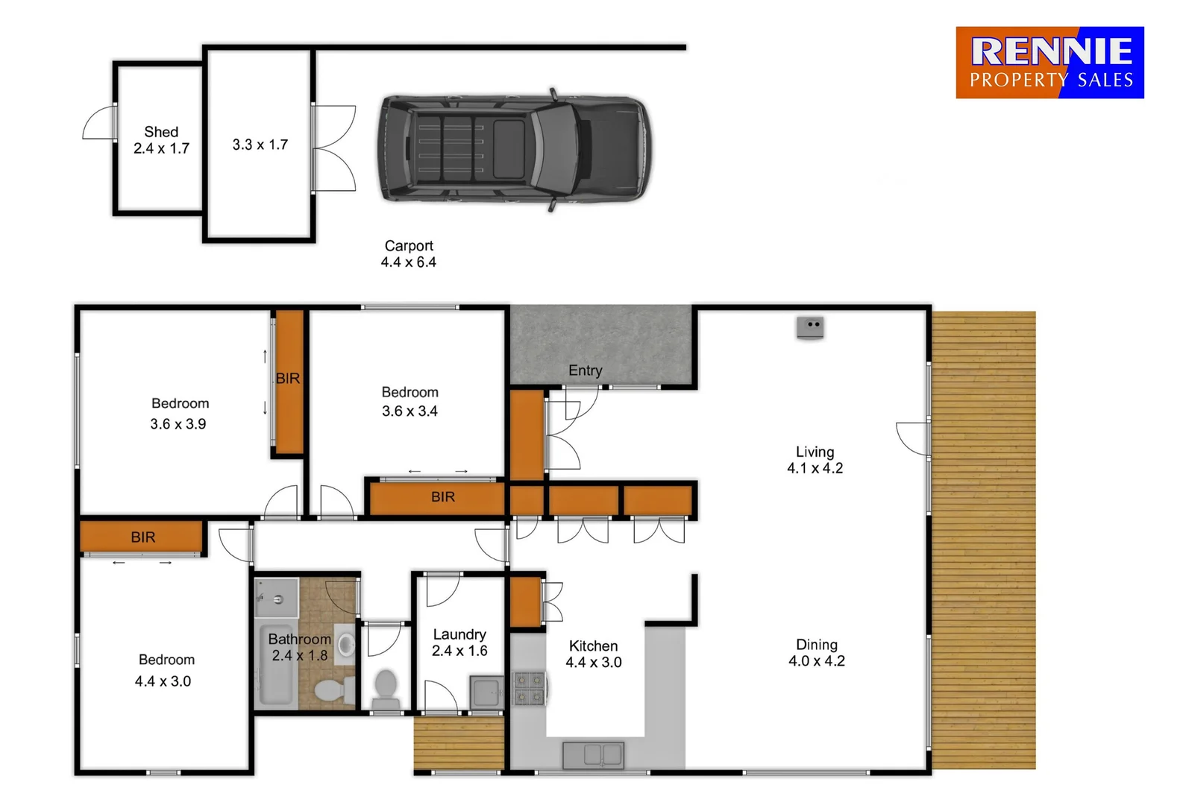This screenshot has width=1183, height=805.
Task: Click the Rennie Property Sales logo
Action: pyautogui.click(x=1049, y=63)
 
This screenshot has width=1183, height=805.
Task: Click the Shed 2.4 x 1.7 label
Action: pyautogui.click(x=161, y=140)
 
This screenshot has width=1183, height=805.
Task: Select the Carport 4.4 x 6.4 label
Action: pyautogui.click(x=408, y=253)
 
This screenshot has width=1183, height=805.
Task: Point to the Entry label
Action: pyautogui.click(x=585, y=370)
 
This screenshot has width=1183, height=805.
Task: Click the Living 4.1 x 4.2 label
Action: pyautogui.click(x=815, y=460)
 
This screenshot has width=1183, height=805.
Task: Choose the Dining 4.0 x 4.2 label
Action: pyautogui.click(x=817, y=652)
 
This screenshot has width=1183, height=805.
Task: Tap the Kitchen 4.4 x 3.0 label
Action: pyautogui.click(x=593, y=654)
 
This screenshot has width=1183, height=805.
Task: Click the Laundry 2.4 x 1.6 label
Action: pyautogui.click(x=459, y=643)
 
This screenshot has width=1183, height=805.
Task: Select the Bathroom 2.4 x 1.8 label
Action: pyautogui.click(x=299, y=647)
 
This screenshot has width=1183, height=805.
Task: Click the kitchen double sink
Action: pyautogui.click(x=594, y=754)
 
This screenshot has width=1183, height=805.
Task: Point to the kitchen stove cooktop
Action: pyautogui.click(x=529, y=689)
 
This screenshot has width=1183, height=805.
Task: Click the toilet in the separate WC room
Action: pyautogui.click(x=386, y=689)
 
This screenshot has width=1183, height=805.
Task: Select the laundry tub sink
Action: pyautogui.click(x=487, y=692)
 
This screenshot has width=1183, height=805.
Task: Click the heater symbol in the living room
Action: pyautogui.click(x=809, y=326)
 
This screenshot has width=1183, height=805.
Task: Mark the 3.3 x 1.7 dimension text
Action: pyautogui.click(x=260, y=145)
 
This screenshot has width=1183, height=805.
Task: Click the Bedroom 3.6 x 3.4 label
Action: pyautogui.click(x=409, y=401)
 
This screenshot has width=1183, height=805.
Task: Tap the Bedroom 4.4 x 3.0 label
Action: pyautogui.click(x=165, y=670)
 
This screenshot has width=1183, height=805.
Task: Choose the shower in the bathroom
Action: pyautogui.click(x=275, y=597)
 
